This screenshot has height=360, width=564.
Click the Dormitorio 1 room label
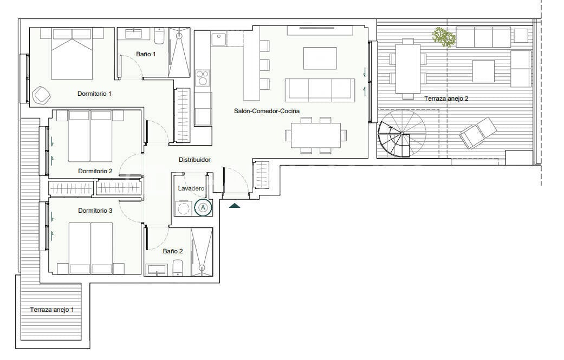point(94,94)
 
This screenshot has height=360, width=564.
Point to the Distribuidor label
point(195,160)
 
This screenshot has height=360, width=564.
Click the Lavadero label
point(191,188)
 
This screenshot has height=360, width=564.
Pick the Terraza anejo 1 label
point(52,310)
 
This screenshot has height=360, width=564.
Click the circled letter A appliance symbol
point(203,207)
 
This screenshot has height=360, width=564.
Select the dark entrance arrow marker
point(235,206)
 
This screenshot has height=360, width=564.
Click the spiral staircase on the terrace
point(401,133)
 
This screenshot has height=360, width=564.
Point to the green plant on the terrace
point(443,37)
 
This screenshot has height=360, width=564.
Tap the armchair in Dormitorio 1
point(42,95)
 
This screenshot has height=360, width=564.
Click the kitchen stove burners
point(203,78)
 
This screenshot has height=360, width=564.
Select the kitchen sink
point(218,40)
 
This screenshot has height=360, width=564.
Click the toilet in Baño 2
point(177,267)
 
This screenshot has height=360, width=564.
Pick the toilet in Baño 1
point(159,37)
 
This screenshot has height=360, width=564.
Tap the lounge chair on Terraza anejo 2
point(477,133)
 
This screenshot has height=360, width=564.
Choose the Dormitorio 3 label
point(95,210)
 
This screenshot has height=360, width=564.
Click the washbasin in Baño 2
point(157,269)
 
